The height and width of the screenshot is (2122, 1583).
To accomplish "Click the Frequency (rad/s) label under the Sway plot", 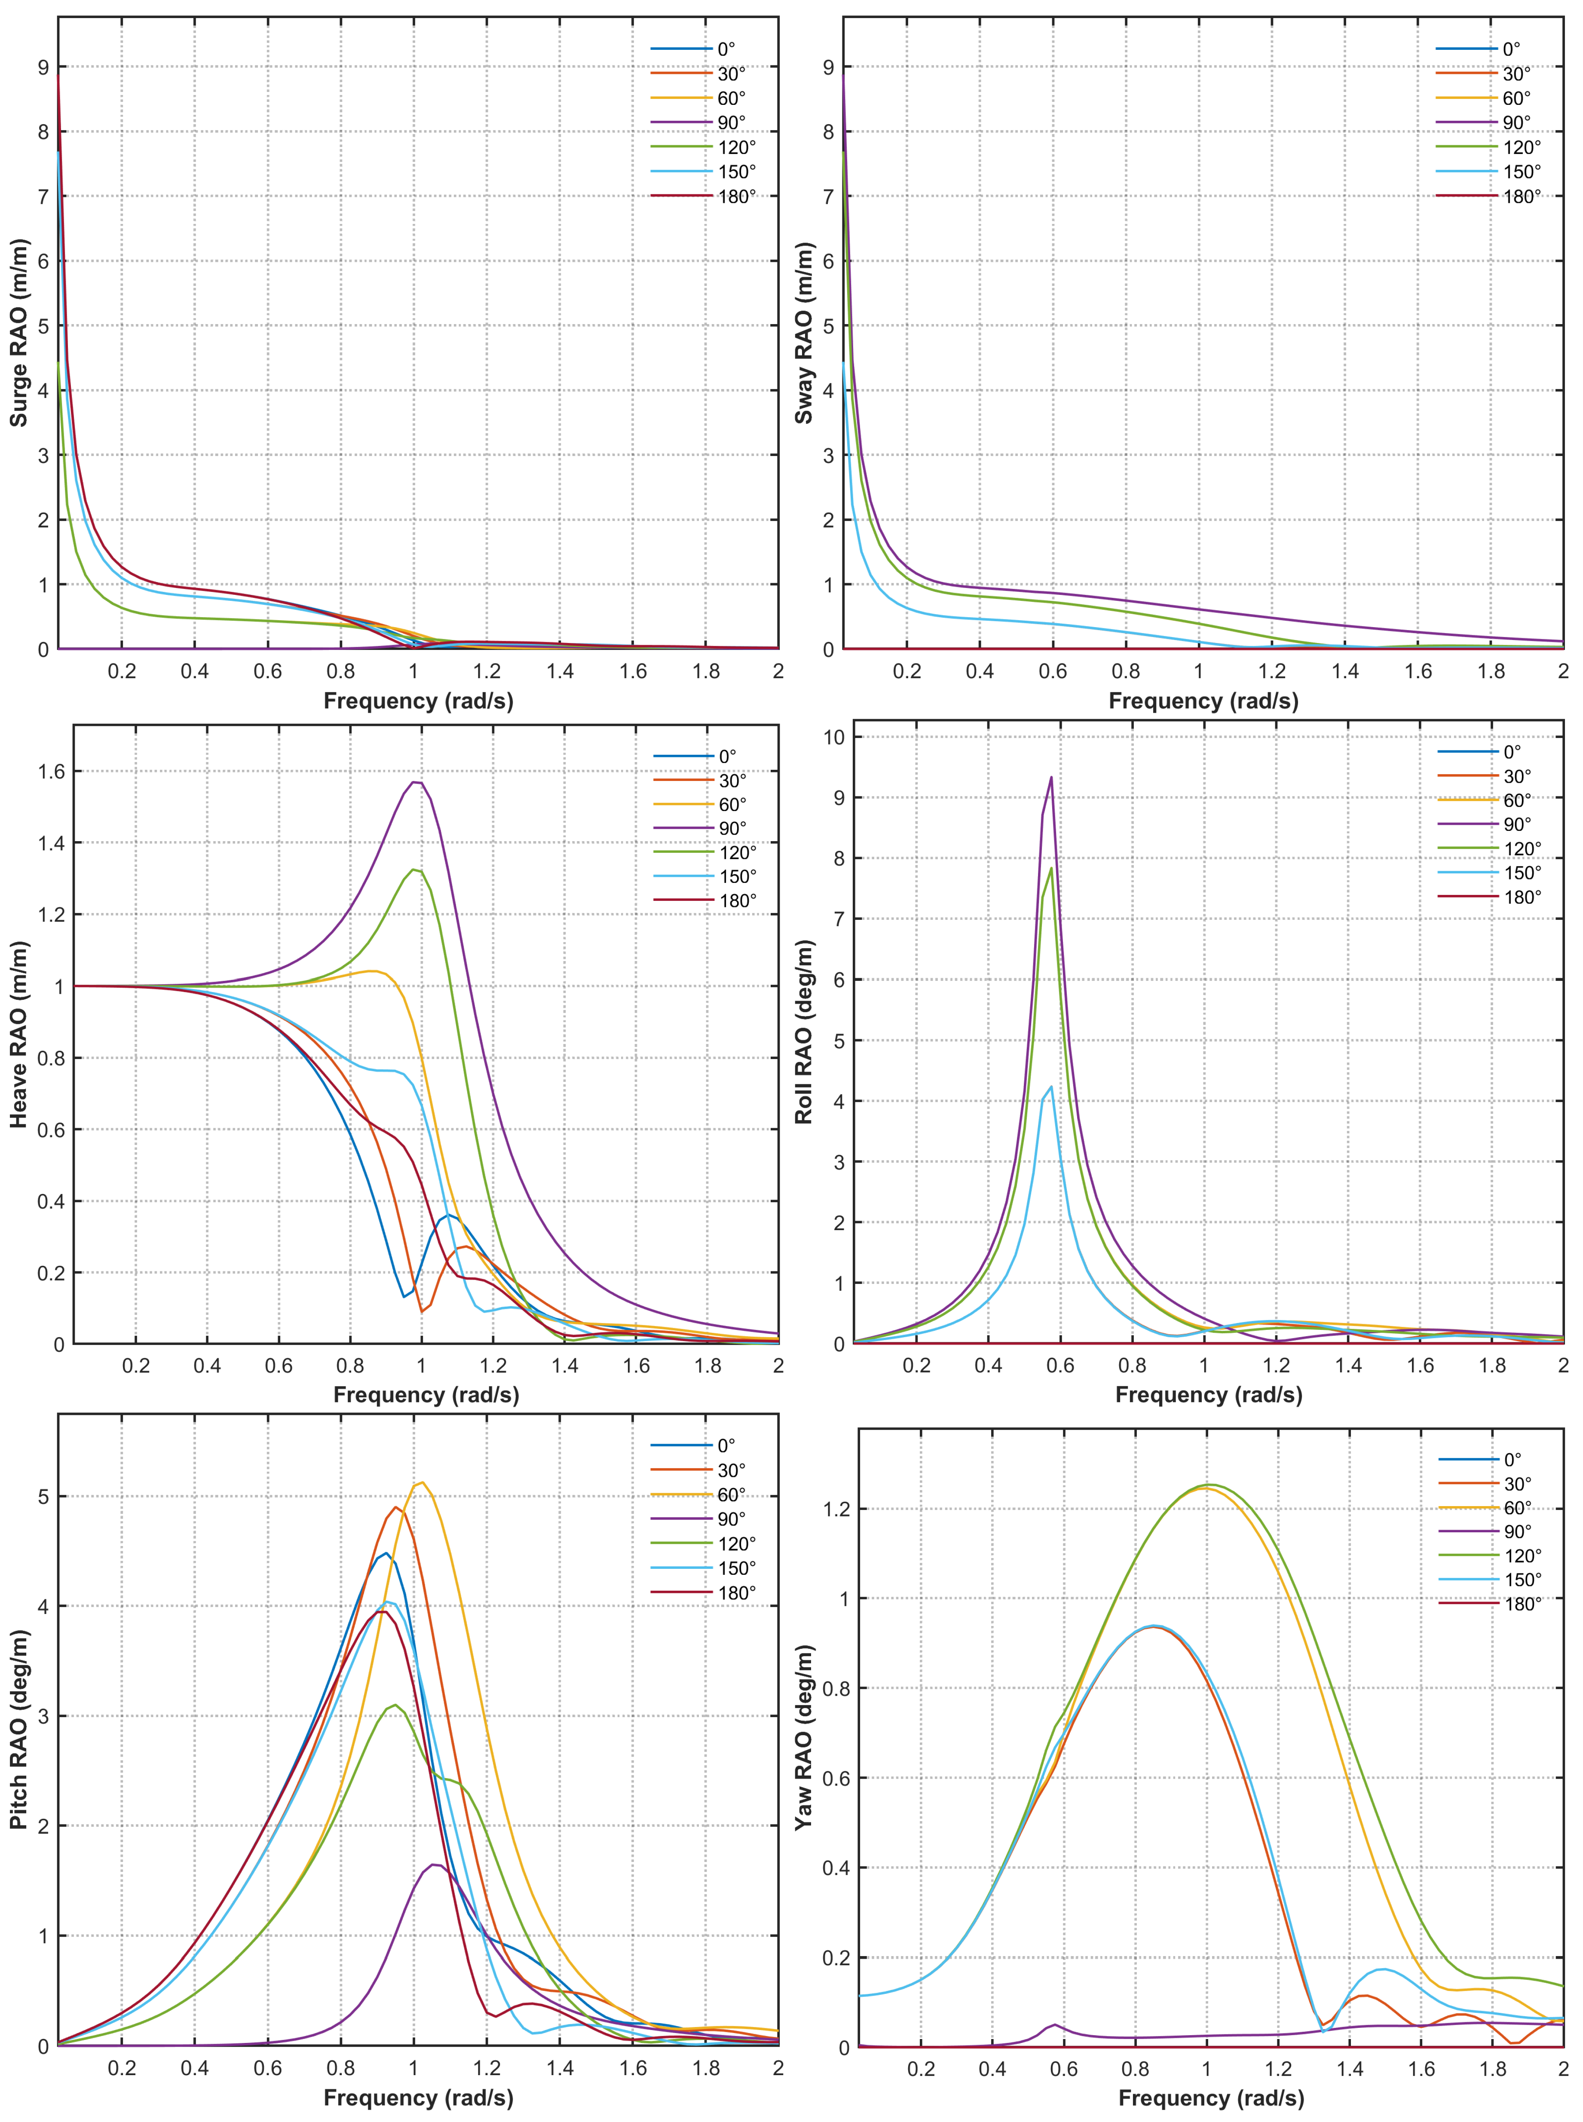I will pyautogui.click(x=1203, y=700).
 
